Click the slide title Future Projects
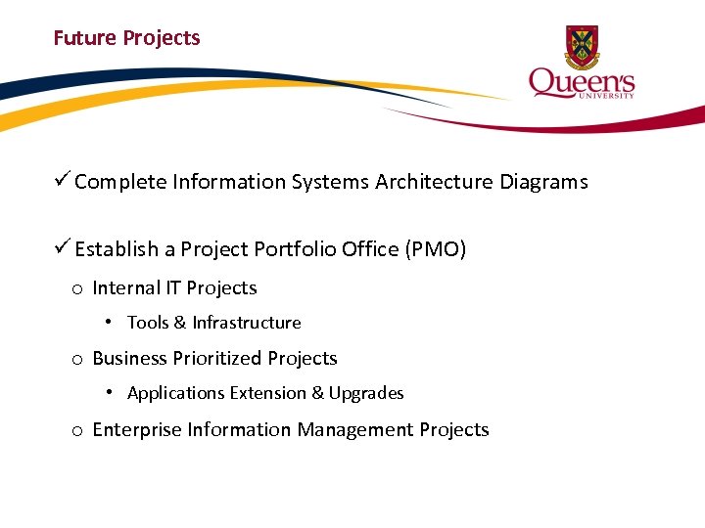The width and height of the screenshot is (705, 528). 126,38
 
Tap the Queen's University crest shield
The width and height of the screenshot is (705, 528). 582,46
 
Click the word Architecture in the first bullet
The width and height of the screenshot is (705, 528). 434,182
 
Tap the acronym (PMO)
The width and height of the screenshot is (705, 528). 435,249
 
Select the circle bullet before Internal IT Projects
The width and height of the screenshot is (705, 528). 75,289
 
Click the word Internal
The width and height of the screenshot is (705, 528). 125,288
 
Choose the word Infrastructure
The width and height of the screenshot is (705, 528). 247,323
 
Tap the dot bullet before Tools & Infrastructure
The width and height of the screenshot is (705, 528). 111,322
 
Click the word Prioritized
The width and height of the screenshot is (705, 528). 219,359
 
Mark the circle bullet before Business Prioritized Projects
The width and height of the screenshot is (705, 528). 75,360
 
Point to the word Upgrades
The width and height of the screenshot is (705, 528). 366,393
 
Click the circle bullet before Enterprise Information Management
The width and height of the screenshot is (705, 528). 75,431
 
